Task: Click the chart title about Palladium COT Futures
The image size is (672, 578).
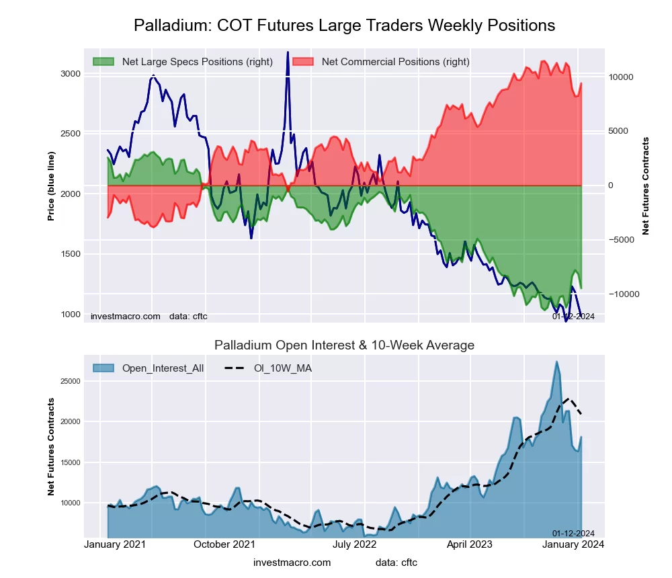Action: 344,26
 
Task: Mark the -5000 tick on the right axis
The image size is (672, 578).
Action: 622,240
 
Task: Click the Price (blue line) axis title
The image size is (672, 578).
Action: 51,186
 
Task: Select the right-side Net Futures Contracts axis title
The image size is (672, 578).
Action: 646,186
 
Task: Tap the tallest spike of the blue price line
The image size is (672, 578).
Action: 288,52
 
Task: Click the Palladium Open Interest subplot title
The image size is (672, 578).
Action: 344,345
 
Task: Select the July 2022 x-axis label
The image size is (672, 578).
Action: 355,544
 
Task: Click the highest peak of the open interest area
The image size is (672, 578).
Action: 556,362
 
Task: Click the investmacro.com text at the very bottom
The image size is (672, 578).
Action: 292,563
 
